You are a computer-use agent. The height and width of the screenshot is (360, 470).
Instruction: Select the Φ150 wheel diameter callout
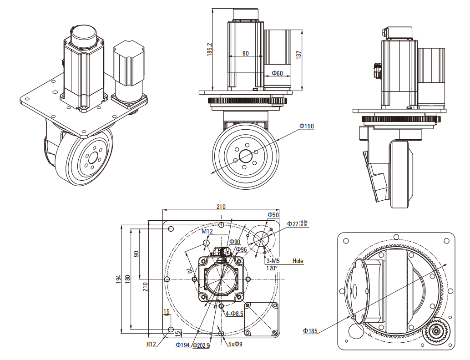(307, 126)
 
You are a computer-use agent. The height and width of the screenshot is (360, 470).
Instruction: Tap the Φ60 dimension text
(277, 73)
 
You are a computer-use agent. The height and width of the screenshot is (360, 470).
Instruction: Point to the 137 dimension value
(299, 55)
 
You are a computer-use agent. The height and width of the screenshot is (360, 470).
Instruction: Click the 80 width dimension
(246, 53)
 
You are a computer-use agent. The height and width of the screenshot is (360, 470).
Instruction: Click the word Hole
(298, 261)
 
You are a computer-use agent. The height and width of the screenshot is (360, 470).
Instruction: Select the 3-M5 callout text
(273, 261)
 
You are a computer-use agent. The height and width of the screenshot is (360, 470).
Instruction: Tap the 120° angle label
(271, 268)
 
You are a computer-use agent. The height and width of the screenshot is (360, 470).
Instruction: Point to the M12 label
(207, 231)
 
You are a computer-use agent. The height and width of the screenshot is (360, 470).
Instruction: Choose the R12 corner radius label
(152, 345)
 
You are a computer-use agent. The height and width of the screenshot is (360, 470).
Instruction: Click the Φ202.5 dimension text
(201, 345)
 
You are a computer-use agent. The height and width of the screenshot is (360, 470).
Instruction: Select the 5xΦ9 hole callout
(235, 345)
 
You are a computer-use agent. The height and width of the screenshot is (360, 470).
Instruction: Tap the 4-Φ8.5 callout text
(234, 314)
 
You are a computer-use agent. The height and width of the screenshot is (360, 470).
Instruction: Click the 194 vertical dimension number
(118, 278)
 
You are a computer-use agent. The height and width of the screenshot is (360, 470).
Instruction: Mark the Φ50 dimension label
(273, 215)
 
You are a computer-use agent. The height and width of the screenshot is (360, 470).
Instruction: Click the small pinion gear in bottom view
(436, 331)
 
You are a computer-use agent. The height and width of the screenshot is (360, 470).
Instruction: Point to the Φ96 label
(241, 249)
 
